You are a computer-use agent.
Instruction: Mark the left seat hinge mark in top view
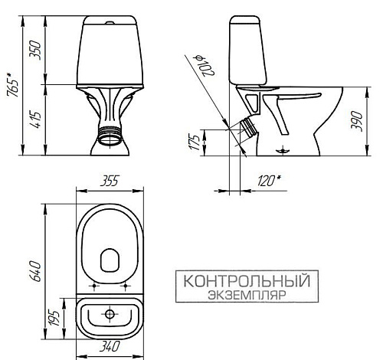point(94,289)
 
